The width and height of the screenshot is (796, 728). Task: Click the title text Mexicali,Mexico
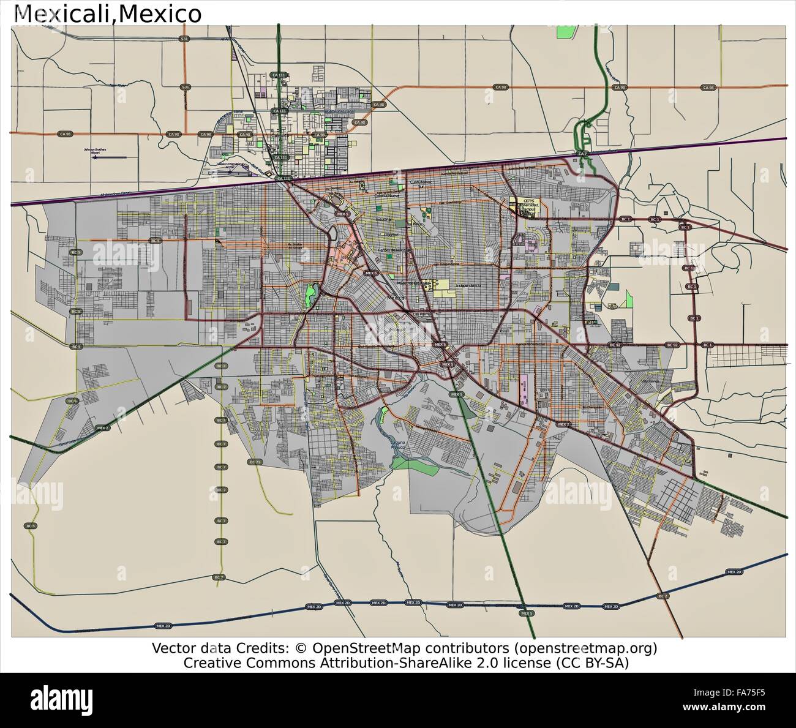108,13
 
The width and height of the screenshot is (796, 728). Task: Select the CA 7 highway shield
582,153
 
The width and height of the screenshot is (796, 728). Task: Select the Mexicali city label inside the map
397,297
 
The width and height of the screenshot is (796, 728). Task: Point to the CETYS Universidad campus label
530,206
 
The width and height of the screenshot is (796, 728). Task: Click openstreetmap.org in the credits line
585,648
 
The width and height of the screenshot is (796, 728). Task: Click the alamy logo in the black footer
62,699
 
